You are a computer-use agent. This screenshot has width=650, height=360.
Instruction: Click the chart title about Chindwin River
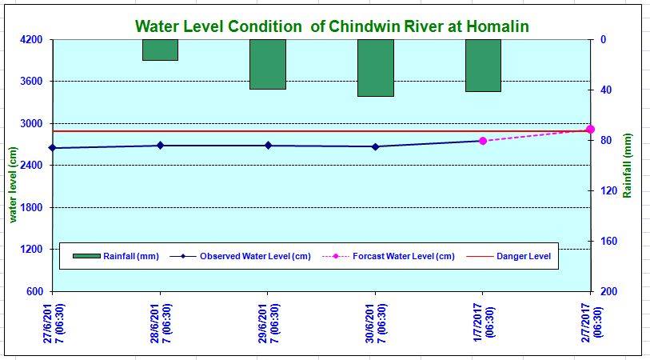point(332,26)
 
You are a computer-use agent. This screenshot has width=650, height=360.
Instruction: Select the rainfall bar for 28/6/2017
point(160,50)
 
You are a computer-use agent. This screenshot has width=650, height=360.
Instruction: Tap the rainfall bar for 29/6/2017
point(268,64)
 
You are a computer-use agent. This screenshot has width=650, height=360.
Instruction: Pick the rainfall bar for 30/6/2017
point(375,68)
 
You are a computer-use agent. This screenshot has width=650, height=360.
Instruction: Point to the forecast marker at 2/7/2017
point(590,129)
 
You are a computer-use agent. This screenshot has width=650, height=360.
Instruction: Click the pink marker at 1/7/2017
point(483,141)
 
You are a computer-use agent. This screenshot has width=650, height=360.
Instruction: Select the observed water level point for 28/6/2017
point(160,145)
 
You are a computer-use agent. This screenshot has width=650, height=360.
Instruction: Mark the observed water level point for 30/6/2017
point(375,146)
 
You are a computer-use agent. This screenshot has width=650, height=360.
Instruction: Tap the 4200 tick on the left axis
point(33,40)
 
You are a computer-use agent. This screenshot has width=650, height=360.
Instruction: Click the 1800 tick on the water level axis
point(33,207)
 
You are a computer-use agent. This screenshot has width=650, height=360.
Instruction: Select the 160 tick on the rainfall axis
point(608,242)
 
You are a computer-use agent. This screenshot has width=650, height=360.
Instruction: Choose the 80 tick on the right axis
point(605,141)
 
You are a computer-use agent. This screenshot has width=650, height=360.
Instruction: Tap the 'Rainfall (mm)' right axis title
point(628,166)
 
